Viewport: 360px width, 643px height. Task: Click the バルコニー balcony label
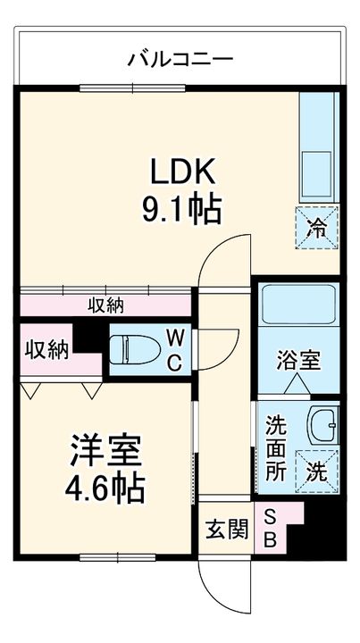(x=180, y=61)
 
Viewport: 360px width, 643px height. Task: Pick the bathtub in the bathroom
(x=297, y=308)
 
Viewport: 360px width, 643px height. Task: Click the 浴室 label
(x=297, y=363)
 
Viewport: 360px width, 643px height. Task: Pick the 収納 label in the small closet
(x=46, y=349)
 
